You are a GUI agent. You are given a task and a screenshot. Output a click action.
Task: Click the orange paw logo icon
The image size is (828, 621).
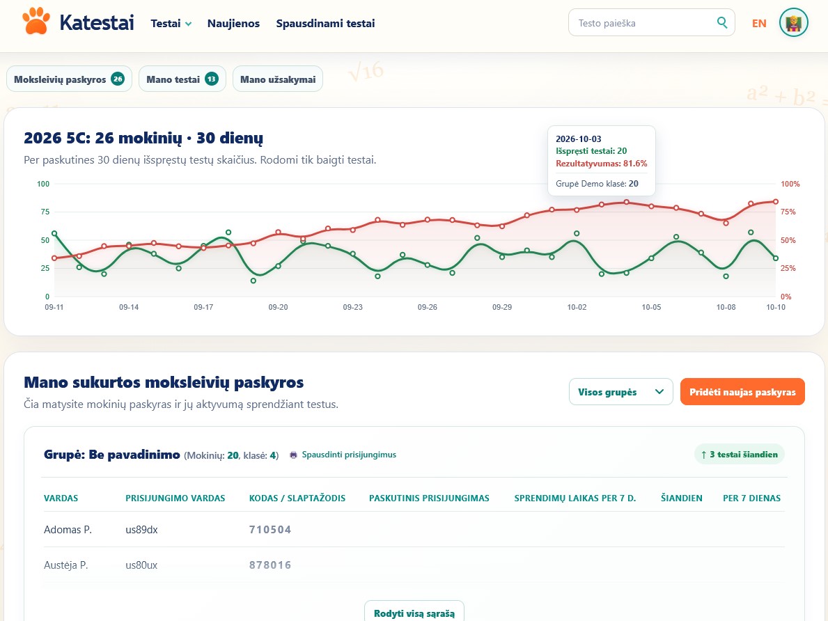click(36, 21)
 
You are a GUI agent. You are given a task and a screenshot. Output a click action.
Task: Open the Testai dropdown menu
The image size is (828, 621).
click(171, 23)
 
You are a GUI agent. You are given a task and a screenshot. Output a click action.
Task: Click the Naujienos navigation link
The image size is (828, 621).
click(233, 23)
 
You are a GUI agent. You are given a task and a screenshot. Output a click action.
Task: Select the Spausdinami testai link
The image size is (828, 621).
click(325, 23)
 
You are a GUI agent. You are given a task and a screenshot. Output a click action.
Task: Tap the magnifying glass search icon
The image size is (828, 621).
click(722, 23)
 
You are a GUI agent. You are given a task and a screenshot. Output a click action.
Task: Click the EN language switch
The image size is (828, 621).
click(759, 23)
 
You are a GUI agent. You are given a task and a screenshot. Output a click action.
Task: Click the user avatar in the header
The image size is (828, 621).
click(794, 23)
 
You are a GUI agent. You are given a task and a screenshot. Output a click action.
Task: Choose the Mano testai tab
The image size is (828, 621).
click(182, 79)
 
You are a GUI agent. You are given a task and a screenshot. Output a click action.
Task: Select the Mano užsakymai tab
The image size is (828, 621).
click(278, 79)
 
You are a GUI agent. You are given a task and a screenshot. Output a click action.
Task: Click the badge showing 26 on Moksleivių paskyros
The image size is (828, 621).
click(118, 79)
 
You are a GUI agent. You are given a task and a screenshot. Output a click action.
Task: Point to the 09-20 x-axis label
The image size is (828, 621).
click(279, 307)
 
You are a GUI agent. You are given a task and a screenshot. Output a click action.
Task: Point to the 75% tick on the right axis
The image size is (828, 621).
click(788, 212)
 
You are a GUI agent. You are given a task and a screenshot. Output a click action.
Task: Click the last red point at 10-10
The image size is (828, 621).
click(776, 202)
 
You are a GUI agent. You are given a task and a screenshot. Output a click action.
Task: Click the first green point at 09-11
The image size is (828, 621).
click(54, 233)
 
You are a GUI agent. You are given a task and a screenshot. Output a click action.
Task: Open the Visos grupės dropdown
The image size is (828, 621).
click(621, 392)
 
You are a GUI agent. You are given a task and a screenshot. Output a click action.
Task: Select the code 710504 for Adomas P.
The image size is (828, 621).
click(270, 530)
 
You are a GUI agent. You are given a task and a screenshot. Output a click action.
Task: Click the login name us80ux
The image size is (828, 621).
click(141, 565)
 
